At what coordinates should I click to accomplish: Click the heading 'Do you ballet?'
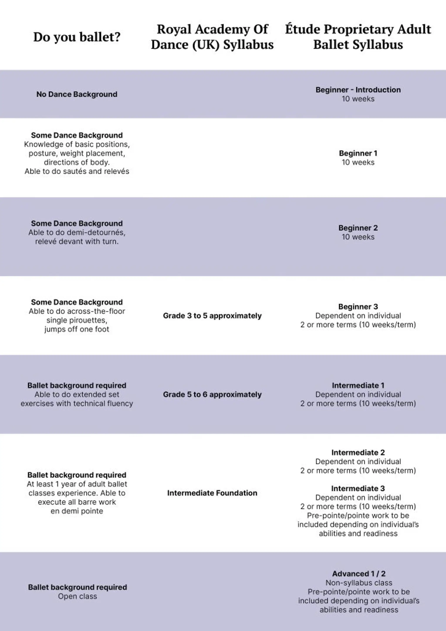[77, 37]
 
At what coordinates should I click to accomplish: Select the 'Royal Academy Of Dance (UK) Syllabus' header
[212, 37]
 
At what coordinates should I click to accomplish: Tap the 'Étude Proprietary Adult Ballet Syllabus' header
[358, 37]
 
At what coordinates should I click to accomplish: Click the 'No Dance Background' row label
[77, 94]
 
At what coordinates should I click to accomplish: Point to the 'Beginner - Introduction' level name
[358, 90]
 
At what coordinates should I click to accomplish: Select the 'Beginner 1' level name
[358, 153]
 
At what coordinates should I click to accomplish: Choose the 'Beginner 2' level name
[358, 228]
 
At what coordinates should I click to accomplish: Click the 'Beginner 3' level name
[358, 306]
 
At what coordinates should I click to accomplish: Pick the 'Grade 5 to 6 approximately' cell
[212, 394]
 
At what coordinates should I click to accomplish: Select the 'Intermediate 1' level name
[358, 385]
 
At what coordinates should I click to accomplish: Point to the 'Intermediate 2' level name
[358, 452]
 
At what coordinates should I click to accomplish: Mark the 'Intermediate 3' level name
[358, 488]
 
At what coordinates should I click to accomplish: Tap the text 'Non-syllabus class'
[359, 583]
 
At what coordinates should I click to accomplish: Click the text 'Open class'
[78, 596]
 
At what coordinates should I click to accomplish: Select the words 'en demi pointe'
[77, 511]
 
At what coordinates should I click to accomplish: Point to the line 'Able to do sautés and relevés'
[77, 171]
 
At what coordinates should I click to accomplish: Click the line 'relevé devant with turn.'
[77, 241]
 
